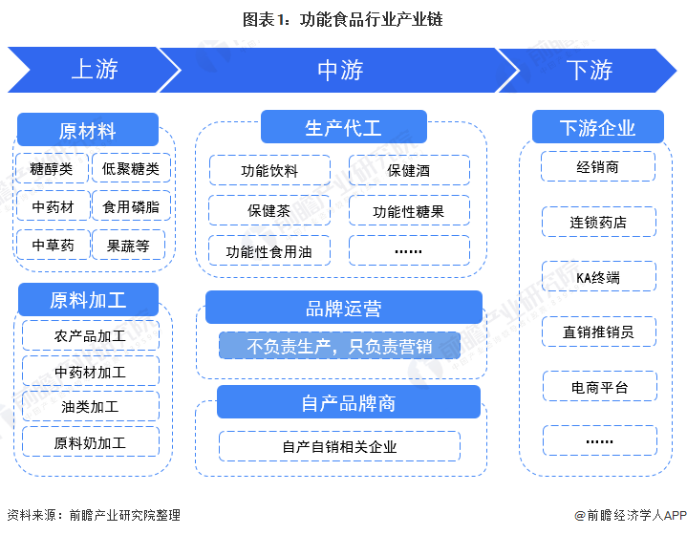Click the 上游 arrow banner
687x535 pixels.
point(94,70)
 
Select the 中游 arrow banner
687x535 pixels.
point(340,70)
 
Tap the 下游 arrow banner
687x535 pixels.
point(589,70)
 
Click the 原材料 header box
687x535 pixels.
point(87,131)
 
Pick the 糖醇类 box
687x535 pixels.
point(52,169)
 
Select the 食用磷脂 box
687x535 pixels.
point(131,206)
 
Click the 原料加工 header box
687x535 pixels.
point(87,300)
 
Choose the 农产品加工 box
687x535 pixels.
point(90,336)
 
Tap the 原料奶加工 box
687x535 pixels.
point(90,442)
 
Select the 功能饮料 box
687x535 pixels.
point(269,171)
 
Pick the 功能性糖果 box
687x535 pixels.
point(409,211)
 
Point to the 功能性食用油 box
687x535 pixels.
point(269,251)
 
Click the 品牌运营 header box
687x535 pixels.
point(343,309)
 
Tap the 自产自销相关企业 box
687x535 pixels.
point(339,446)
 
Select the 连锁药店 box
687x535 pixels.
point(599,223)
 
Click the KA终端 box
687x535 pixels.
point(599,277)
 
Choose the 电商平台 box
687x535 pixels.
point(599,387)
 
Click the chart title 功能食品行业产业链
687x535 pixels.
point(343,18)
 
